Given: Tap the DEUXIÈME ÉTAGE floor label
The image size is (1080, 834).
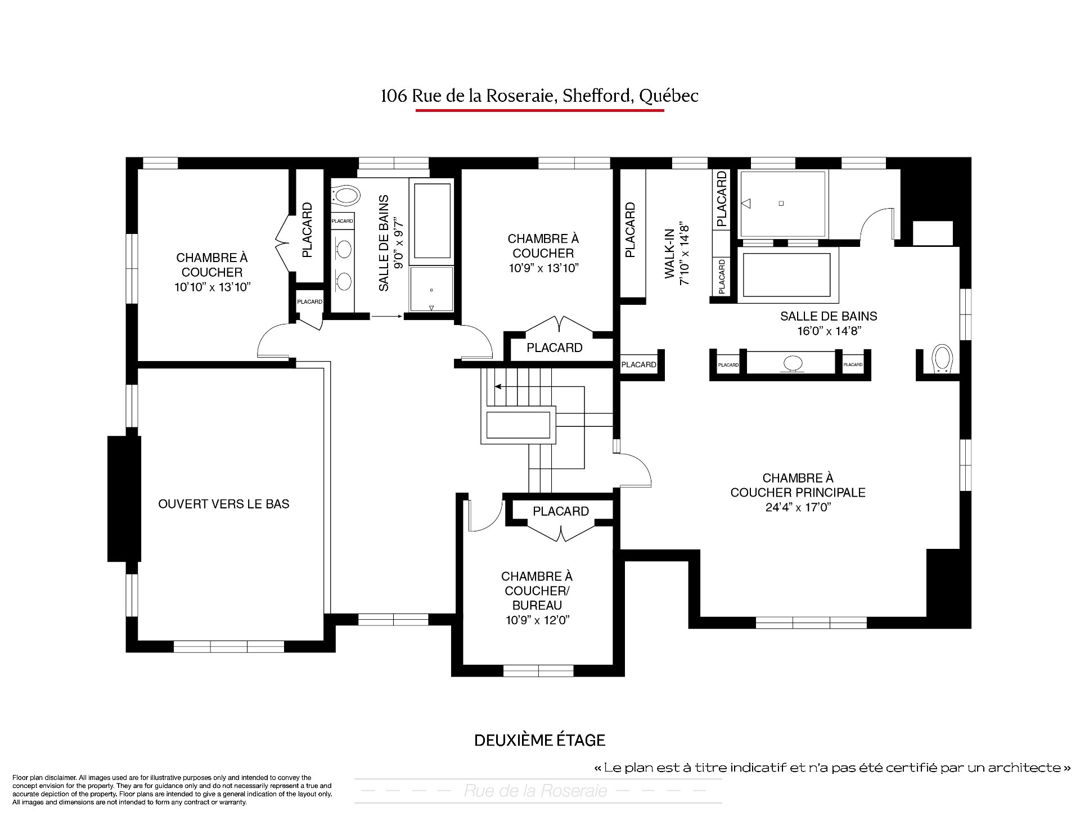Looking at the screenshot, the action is coord(540,740).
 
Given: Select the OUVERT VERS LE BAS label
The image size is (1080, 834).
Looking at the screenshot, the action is coord(224,504).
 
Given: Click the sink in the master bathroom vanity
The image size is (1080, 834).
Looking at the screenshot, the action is coord(793,363).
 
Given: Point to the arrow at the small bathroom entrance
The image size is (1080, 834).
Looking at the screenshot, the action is coord(386,317).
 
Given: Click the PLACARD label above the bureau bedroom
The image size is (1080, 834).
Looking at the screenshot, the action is coord(561,511).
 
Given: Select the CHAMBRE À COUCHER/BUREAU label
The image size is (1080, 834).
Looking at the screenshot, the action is coord(537,591).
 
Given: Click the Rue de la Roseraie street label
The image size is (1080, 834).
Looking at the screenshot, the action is coord(535,791).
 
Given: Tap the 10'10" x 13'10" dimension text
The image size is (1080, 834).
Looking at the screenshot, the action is coord(212,287).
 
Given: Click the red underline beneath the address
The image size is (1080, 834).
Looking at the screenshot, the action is coord(539,110).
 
